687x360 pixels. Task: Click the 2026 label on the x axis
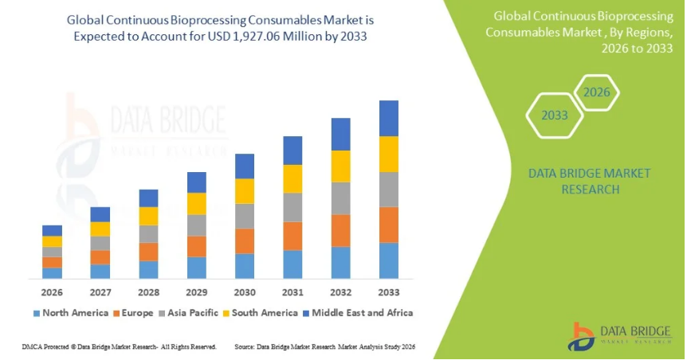[x=52, y=292]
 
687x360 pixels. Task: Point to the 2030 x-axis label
[x=244, y=292]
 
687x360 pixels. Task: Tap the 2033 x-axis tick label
[x=388, y=292]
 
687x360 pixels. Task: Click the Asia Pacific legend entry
[x=191, y=313]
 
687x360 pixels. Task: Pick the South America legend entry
[x=265, y=313]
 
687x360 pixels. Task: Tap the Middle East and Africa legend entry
[x=363, y=313]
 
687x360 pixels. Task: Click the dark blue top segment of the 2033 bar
[x=388, y=118]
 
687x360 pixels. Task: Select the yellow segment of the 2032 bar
[x=340, y=166]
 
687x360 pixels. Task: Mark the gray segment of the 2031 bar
[x=292, y=207]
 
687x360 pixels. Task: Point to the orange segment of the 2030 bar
[x=244, y=241]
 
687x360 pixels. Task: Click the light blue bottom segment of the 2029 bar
[x=196, y=268]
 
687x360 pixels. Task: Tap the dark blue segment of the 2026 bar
[x=52, y=230]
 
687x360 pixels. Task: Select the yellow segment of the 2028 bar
[x=148, y=216]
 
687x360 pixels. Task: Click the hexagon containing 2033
[x=555, y=115]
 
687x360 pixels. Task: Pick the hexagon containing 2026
[x=596, y=92]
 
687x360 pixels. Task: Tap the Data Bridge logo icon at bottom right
[x=583, y=336]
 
